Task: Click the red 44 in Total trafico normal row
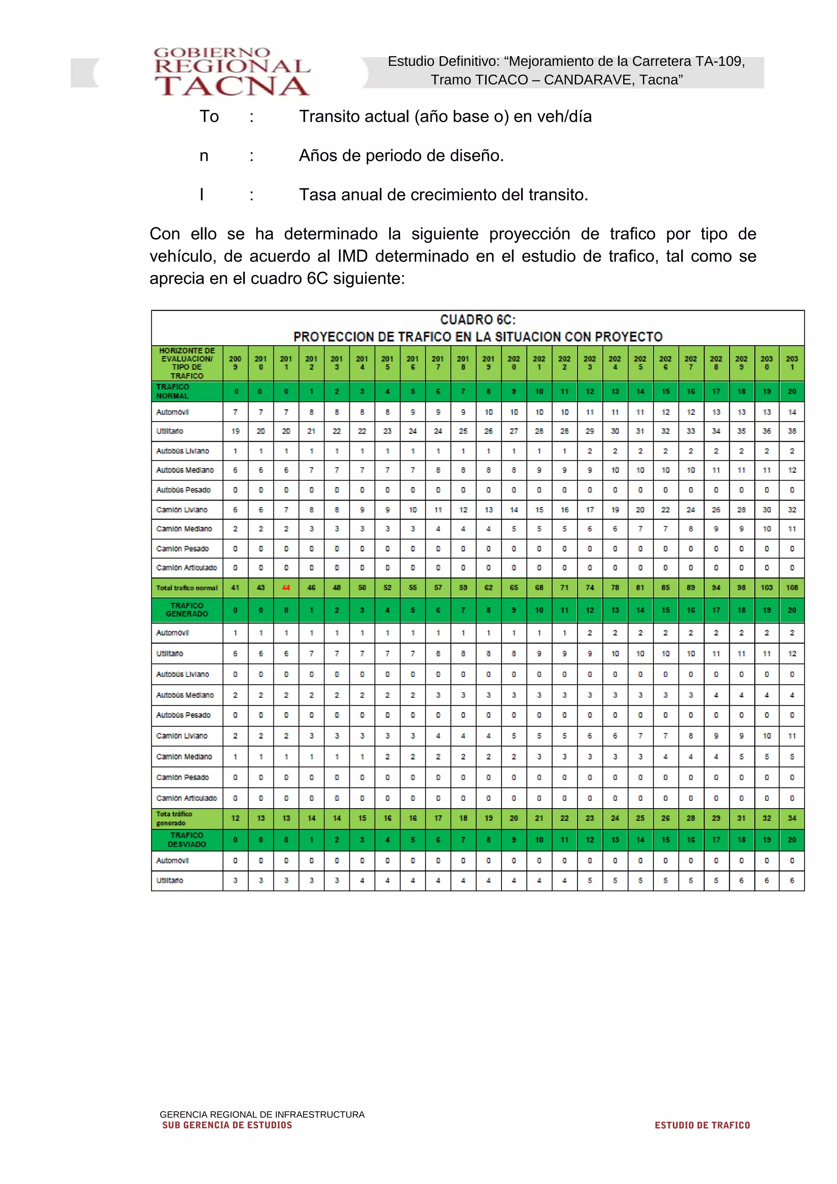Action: click(286, 588)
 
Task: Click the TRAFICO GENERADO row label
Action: click(187, 610)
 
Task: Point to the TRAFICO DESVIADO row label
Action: click(187, 840)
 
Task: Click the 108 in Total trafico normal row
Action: click(792, 588)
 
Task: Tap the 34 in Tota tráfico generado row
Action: click(792, 818)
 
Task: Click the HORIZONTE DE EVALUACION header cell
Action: click(187, 363)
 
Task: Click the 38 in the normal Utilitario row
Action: click(792, 431)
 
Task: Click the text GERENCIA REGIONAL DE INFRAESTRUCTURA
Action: click(262, 1115)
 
